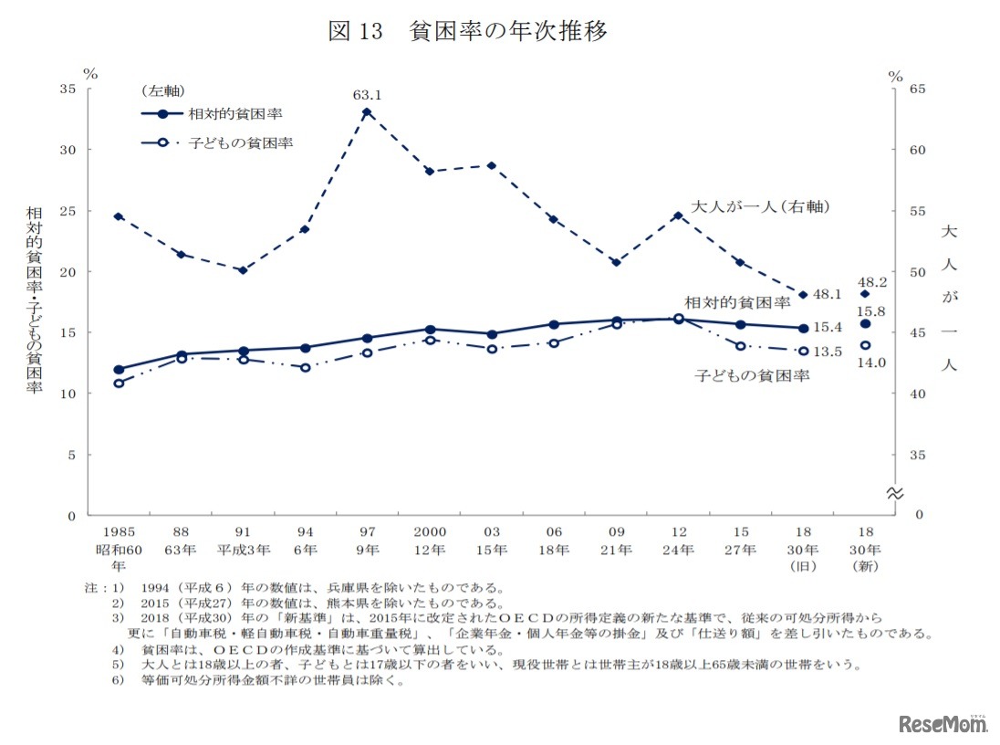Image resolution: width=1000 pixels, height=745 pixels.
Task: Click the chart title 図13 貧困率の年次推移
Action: [467, 32]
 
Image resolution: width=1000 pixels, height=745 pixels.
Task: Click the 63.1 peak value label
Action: [367, 94]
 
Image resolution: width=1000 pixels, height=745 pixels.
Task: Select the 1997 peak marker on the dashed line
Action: [367, 112]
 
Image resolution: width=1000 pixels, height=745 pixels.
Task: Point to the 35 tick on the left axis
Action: [68, 89]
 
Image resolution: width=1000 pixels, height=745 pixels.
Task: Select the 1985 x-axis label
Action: [118, 532]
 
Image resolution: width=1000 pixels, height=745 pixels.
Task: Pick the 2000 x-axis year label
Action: [429, 532]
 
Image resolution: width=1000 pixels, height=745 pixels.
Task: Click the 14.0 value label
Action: [870, 362]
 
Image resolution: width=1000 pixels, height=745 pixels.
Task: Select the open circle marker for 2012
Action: [678, 319]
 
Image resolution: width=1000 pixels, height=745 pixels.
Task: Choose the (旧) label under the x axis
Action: [803, 567]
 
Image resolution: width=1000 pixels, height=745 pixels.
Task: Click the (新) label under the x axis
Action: [865, 567]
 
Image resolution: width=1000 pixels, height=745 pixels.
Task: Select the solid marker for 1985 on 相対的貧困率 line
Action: [119, 370]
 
